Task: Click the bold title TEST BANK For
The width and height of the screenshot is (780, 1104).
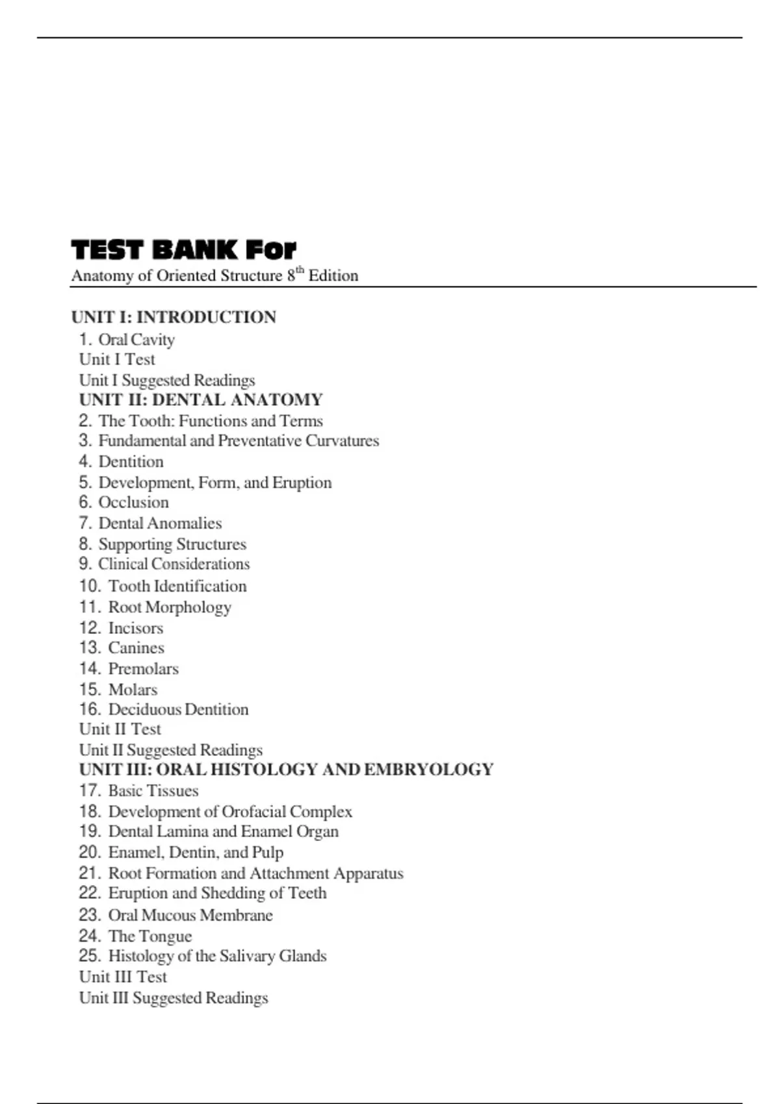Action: coord(183,250)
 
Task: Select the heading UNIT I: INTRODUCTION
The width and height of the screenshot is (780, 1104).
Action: coord(174,317)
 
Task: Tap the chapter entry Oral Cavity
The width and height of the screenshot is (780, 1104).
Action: coord(136,340)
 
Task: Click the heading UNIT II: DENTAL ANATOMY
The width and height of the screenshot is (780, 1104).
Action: coord(201,399)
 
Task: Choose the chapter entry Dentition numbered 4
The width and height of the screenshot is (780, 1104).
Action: coord(131,462)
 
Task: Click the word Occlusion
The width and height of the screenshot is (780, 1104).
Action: coord(133,503)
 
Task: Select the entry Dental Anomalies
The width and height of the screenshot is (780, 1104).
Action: coord(160,523)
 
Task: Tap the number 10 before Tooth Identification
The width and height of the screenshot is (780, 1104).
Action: coord(90,586)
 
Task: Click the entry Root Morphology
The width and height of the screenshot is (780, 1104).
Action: coord(170,607)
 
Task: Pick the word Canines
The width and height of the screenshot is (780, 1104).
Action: coord(136,648)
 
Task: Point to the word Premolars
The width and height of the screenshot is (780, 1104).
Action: coord(143,669)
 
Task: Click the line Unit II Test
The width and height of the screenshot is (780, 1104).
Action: coord(120,729)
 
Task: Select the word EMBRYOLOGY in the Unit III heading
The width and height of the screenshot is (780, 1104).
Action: coord(429,770)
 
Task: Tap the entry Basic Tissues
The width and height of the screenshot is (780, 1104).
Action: coord(153,791)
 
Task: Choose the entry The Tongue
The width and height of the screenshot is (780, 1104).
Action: coord(150,936)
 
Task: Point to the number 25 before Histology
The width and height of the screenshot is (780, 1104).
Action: coord(90,956)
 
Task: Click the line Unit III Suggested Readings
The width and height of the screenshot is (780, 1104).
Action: coord(174,998)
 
